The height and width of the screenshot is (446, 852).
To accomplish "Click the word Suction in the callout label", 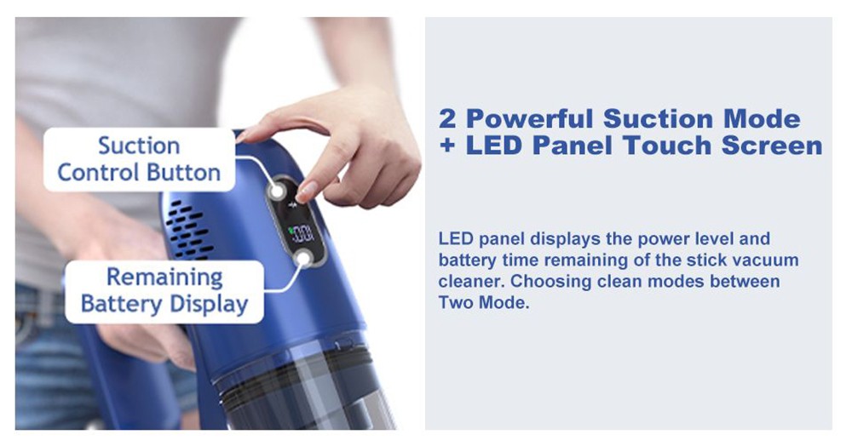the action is (x=139, y=146).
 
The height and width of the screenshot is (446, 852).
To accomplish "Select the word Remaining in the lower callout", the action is (x=164, y=277).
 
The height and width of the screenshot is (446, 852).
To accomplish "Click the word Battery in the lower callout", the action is (x=121, y=304).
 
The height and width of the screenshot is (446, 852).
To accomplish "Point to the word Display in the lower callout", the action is (x=209, y=304).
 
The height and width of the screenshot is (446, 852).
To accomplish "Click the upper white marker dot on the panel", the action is (x=278, y=191).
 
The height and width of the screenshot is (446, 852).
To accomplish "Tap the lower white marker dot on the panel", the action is (x=304, y=259).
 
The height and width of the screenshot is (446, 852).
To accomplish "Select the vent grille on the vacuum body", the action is (x=187, y=229).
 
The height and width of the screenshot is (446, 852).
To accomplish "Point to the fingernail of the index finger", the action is (x=307, y=192).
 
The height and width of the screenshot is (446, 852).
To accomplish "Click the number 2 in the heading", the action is (x=447, y=119).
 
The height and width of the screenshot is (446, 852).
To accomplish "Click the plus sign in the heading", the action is (x=448, y=146).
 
